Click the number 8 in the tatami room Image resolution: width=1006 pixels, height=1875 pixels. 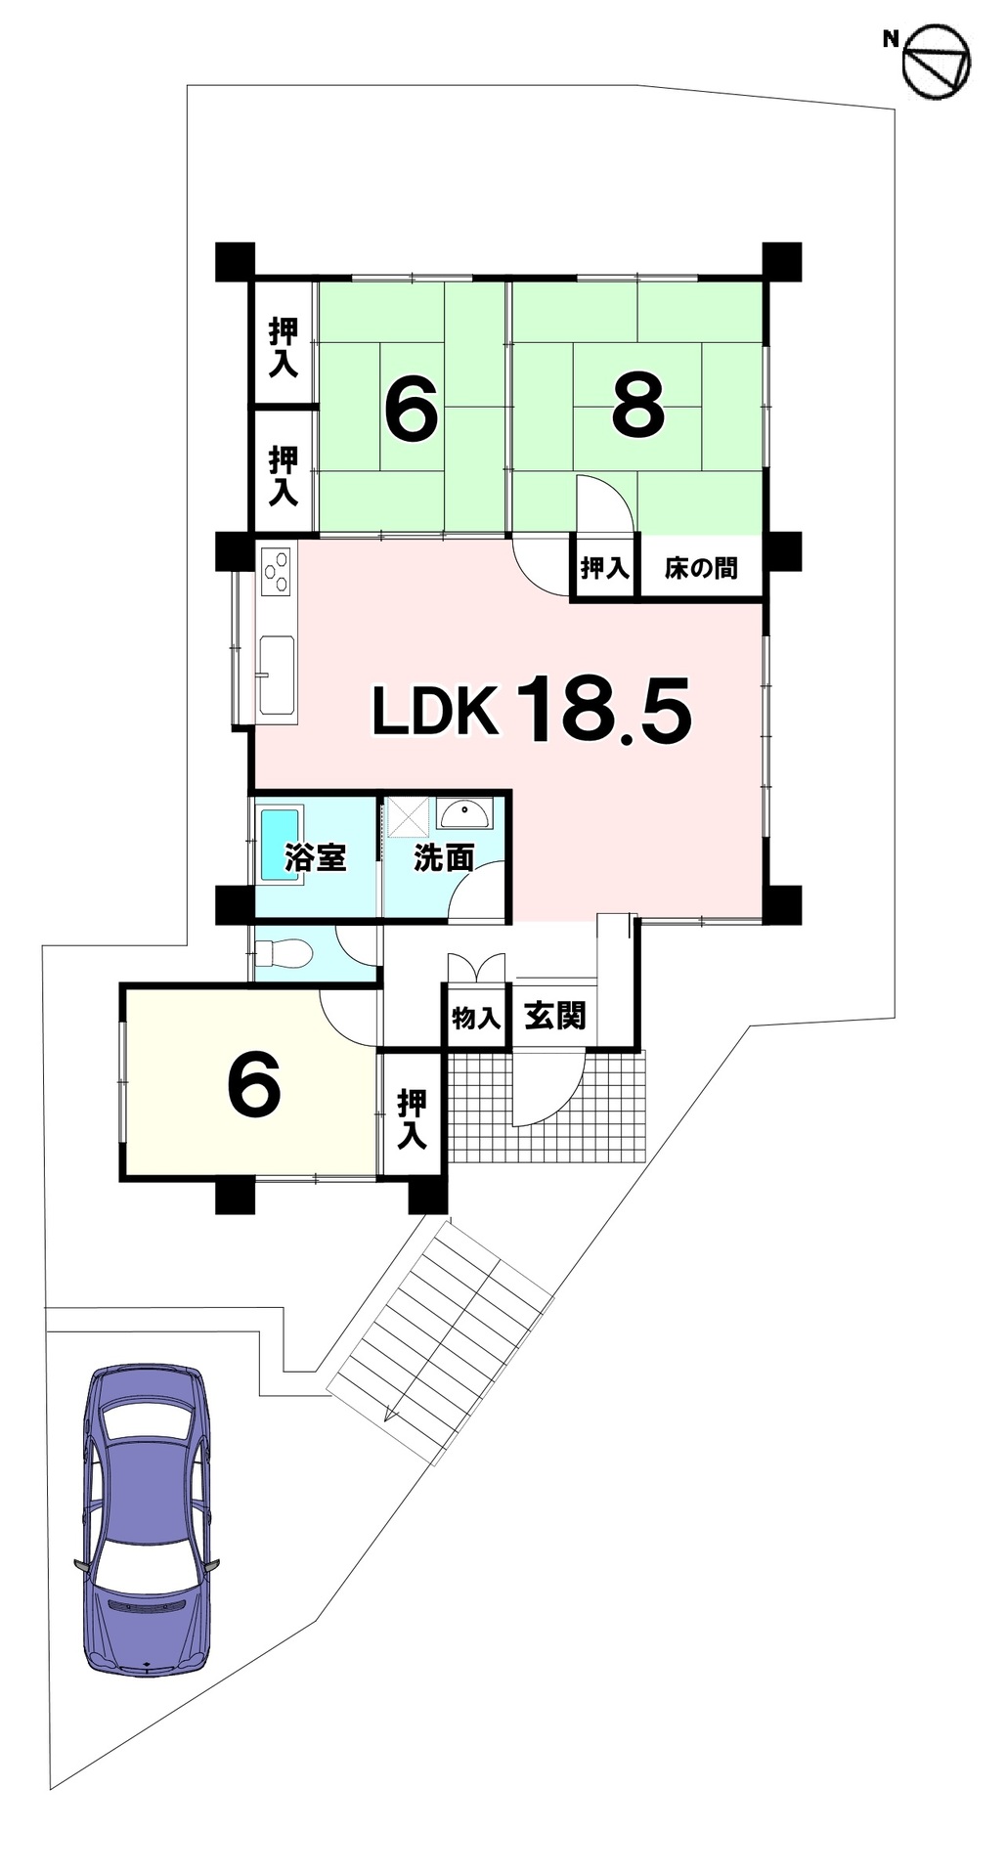[637, 407]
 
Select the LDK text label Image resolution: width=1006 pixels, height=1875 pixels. [436, 711]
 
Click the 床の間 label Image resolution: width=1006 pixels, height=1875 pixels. [701, 568]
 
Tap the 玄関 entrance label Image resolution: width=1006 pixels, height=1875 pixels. [555, 1016]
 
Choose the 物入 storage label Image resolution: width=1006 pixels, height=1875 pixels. [476, 1018]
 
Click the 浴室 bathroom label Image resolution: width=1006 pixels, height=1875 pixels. [315, 857]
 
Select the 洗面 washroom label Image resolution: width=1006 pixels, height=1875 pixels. [444, 857]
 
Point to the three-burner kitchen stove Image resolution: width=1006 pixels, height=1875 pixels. [277, 571]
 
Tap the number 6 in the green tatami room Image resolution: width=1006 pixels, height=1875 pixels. [411, 408]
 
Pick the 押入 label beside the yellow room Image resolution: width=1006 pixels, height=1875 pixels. [412, 1119]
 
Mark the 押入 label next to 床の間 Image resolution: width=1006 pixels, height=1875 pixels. [604, 568]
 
